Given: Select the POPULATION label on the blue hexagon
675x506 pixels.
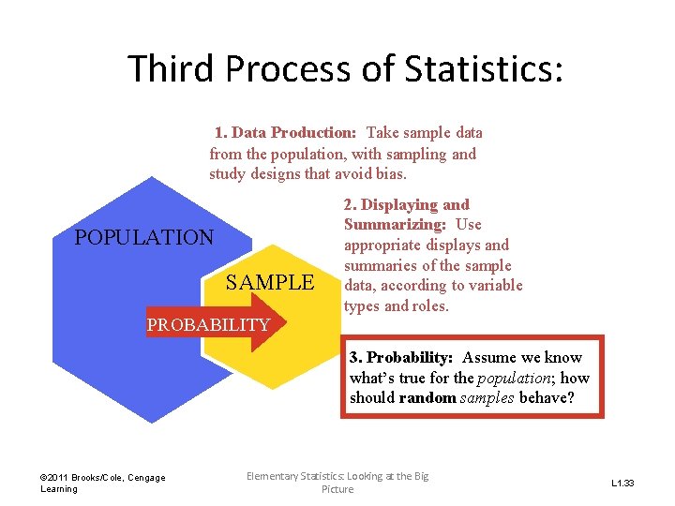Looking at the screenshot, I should [x=144, y=237].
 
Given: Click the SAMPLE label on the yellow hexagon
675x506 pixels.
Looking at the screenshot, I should [x=270, y=282].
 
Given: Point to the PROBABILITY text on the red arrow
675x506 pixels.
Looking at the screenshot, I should [x=208, y=325].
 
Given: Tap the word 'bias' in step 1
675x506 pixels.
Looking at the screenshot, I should [x=389, y=174].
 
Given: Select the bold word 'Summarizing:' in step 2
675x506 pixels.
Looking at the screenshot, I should [x=395, y=225].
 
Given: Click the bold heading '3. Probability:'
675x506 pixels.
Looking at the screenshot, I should [x=401, y=358].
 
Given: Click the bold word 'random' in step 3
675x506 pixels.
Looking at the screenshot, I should [x=426, y=398].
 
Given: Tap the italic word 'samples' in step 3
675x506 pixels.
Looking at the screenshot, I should [x=486, y=398].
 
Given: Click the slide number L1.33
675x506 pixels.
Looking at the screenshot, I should [x=623, y=484].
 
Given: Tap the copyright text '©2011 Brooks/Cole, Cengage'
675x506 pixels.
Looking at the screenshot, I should [x=103, y=478].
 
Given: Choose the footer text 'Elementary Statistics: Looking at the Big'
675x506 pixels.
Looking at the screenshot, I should [x=337, y=476].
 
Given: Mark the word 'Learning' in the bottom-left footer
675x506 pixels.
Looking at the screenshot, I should [x=58, y=489].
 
